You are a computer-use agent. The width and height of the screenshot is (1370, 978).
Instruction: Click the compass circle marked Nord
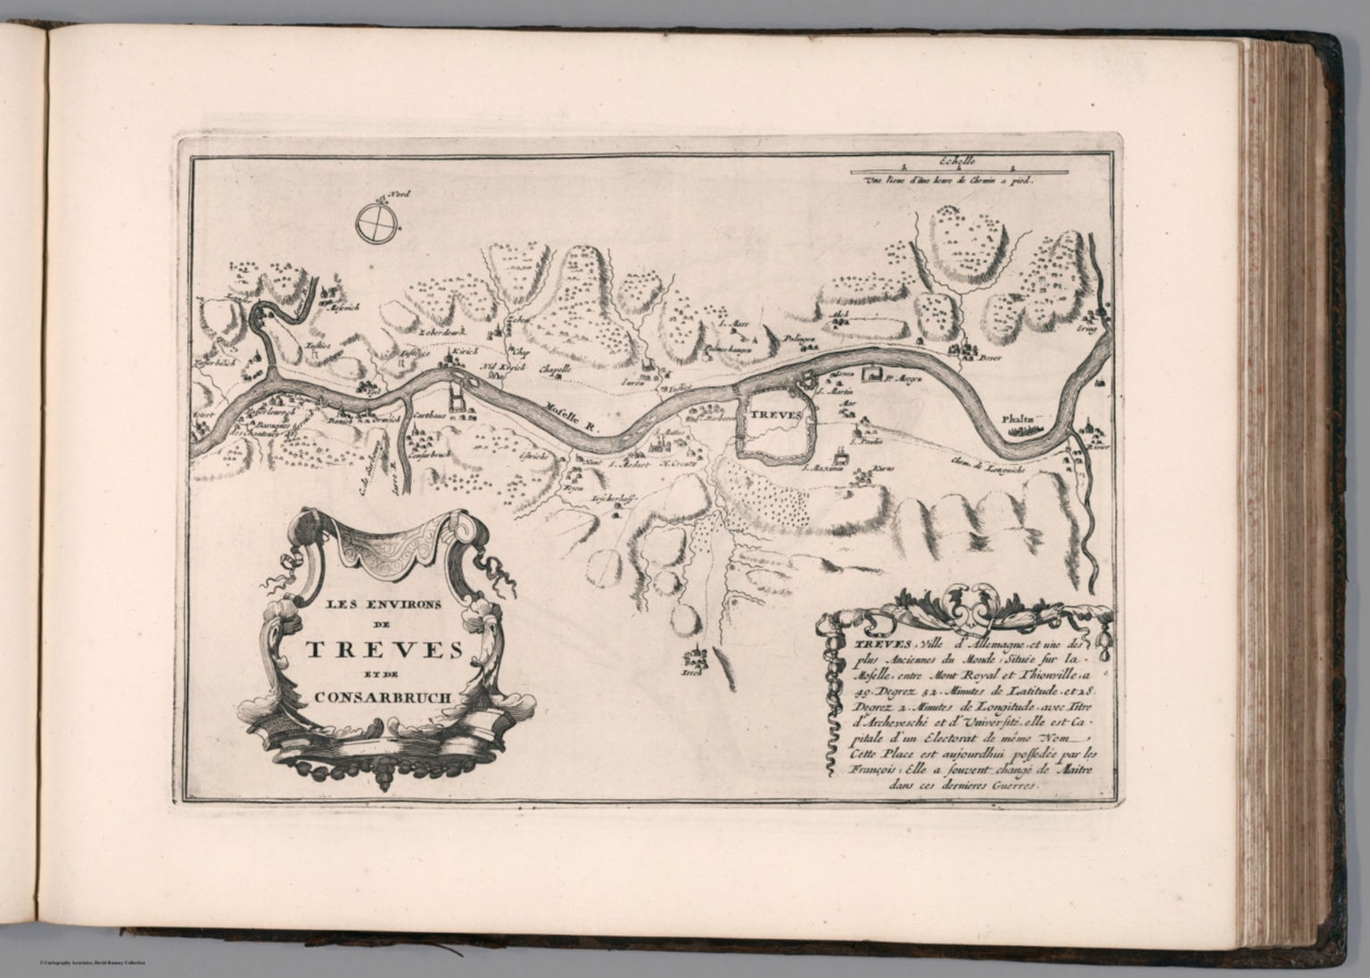pos(376,222)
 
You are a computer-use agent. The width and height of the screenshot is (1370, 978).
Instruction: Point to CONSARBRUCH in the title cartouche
pos(384,700)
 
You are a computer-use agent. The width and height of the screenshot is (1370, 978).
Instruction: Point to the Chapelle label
pos(555,367)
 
